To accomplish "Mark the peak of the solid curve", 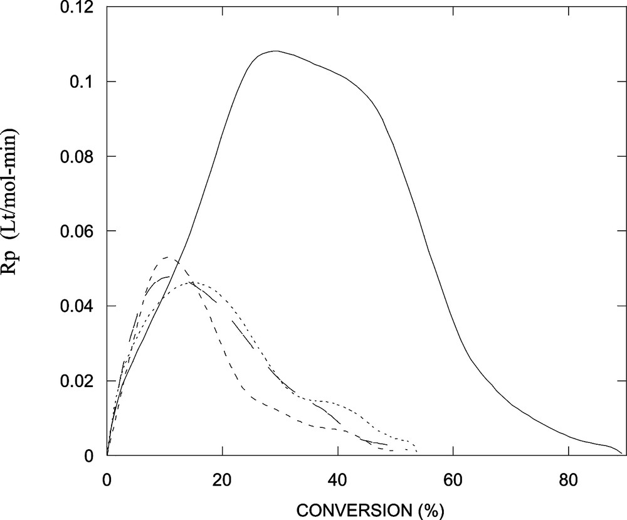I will coord(274,51).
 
